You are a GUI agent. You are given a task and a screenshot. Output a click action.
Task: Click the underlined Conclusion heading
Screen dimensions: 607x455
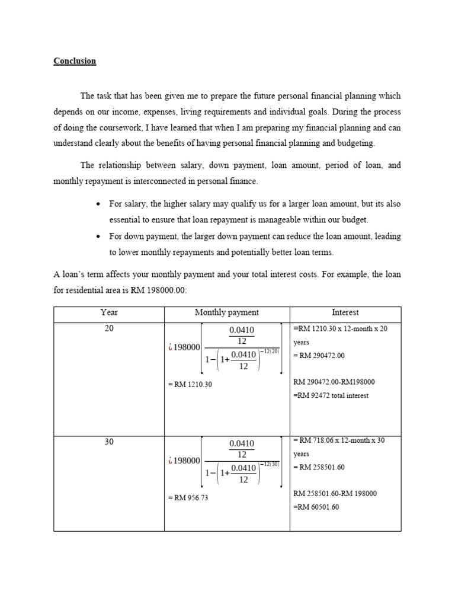click(x=75, y=61)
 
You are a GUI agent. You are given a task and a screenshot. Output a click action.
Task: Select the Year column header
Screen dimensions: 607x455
click(x=109, y=312)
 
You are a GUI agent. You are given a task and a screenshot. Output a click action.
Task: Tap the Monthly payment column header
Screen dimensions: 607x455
click(x=227, y=312)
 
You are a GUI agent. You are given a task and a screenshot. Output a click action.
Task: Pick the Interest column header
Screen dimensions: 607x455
click(x=345, y=312)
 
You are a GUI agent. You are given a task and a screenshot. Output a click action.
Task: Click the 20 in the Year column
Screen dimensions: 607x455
click(x=109, y=329)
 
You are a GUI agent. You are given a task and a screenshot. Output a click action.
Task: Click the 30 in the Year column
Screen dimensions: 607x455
click(x=109, y=442)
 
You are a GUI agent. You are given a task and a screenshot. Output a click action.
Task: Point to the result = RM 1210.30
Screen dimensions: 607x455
click(x=190, y=385)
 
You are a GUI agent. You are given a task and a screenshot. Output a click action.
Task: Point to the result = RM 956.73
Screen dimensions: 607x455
click(x=188, y=497)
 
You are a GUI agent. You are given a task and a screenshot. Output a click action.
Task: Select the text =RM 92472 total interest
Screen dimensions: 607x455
click(x=331, y=395)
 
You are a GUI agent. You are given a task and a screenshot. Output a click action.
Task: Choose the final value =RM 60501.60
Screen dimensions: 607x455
click(x=316, y=507)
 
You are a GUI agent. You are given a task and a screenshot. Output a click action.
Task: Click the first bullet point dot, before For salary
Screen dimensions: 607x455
click(x=97, y=205)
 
